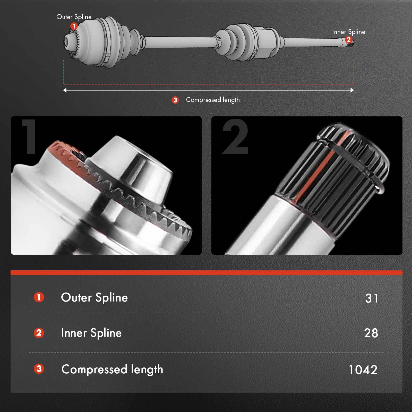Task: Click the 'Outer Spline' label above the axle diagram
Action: click(74, 17)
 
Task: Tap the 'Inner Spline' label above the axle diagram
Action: click(348, 32)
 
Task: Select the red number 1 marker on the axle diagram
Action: click(74, 26)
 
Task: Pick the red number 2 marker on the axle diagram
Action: click(348, 40)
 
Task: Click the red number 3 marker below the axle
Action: click(175, 100)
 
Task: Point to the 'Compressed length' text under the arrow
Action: click(213, 100)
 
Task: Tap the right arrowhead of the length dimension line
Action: click(352, 90)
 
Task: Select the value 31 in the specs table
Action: click(372, 298)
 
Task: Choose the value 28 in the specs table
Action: click(371, 333)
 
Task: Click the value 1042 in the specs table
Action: click(363, 370)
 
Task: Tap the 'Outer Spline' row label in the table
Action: click(94, 298)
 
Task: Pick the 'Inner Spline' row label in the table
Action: click(91, 333)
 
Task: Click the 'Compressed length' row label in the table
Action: click(112, 369)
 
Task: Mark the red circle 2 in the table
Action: click(39, 333)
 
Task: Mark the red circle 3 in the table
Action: click(39, 369)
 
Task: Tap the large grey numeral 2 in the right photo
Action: click(235, 136)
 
